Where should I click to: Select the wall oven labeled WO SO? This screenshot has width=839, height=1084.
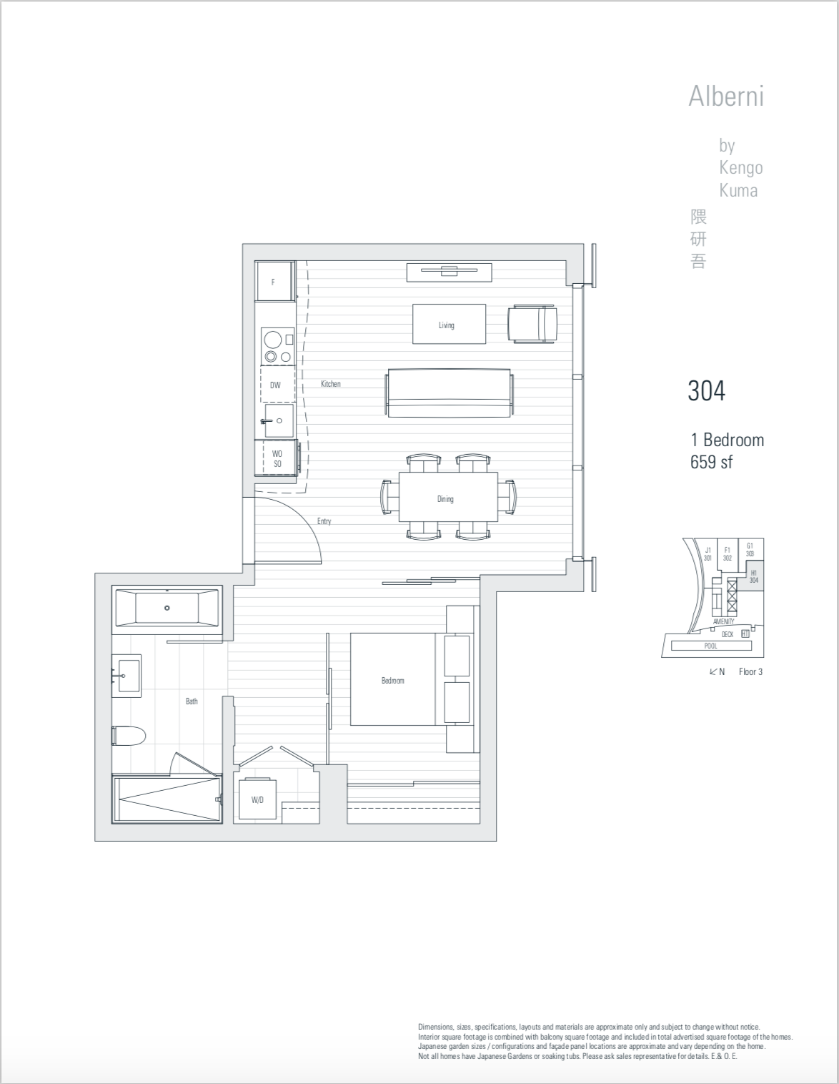(x=277, y=458)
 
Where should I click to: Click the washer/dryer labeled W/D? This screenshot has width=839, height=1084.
(x=257, y=799)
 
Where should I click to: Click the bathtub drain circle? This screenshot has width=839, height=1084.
(x=167, y=608)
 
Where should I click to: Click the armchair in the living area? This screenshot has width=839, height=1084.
(x=532, y=324)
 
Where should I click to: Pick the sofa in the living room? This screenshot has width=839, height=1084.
(x=449, y=393)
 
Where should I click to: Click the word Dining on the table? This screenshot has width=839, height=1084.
(x=445, y=498)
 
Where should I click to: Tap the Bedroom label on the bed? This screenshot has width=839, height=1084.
(x=392, y=681)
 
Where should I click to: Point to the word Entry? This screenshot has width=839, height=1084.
(x=324, y=521)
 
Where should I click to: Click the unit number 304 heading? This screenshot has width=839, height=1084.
(x=706, y=390)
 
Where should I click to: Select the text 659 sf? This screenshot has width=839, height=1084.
(x=711, y=462)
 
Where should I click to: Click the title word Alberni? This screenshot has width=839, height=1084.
(x=726, y=96)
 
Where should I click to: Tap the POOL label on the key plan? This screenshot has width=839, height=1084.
(x=710, y=646)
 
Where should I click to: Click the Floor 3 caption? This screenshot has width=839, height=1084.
(x=750, y=671)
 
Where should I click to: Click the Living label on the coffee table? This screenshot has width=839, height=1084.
(x=446, y=325)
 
